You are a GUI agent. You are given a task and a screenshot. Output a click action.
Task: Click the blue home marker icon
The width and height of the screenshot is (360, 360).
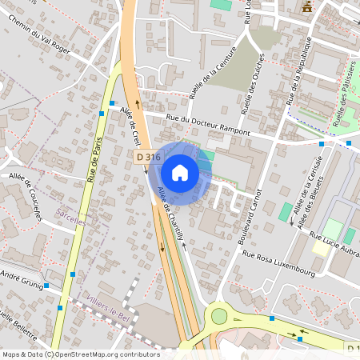click(x=180, y=172)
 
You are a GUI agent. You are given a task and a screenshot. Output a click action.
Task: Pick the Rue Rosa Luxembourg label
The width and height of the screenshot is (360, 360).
click(x=278, y=262)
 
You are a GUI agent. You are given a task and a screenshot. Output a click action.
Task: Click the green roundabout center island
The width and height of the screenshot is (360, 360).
click(x=219, y=316)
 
